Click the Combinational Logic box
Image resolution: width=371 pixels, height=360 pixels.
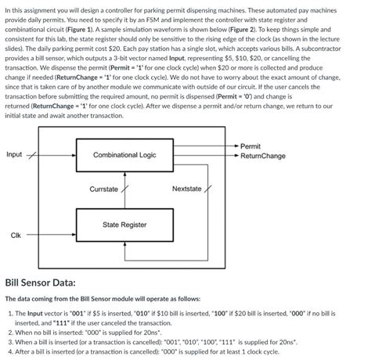coord(124,155)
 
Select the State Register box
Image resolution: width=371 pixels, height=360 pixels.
coord(124,225)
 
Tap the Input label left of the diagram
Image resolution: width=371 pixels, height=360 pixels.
coord(14,154)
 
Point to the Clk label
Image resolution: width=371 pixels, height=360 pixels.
coord(16,235)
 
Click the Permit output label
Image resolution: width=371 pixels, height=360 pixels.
coord(250,146)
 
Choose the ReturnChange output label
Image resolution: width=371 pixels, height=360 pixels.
coord(263,156)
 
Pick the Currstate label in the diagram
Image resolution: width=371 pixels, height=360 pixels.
coord(103,189)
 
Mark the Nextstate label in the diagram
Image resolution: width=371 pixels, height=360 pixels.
coord(186,189)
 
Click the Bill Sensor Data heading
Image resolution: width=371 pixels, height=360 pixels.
coord(41,282)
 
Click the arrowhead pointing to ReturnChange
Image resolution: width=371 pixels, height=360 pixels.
coord(236,156)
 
